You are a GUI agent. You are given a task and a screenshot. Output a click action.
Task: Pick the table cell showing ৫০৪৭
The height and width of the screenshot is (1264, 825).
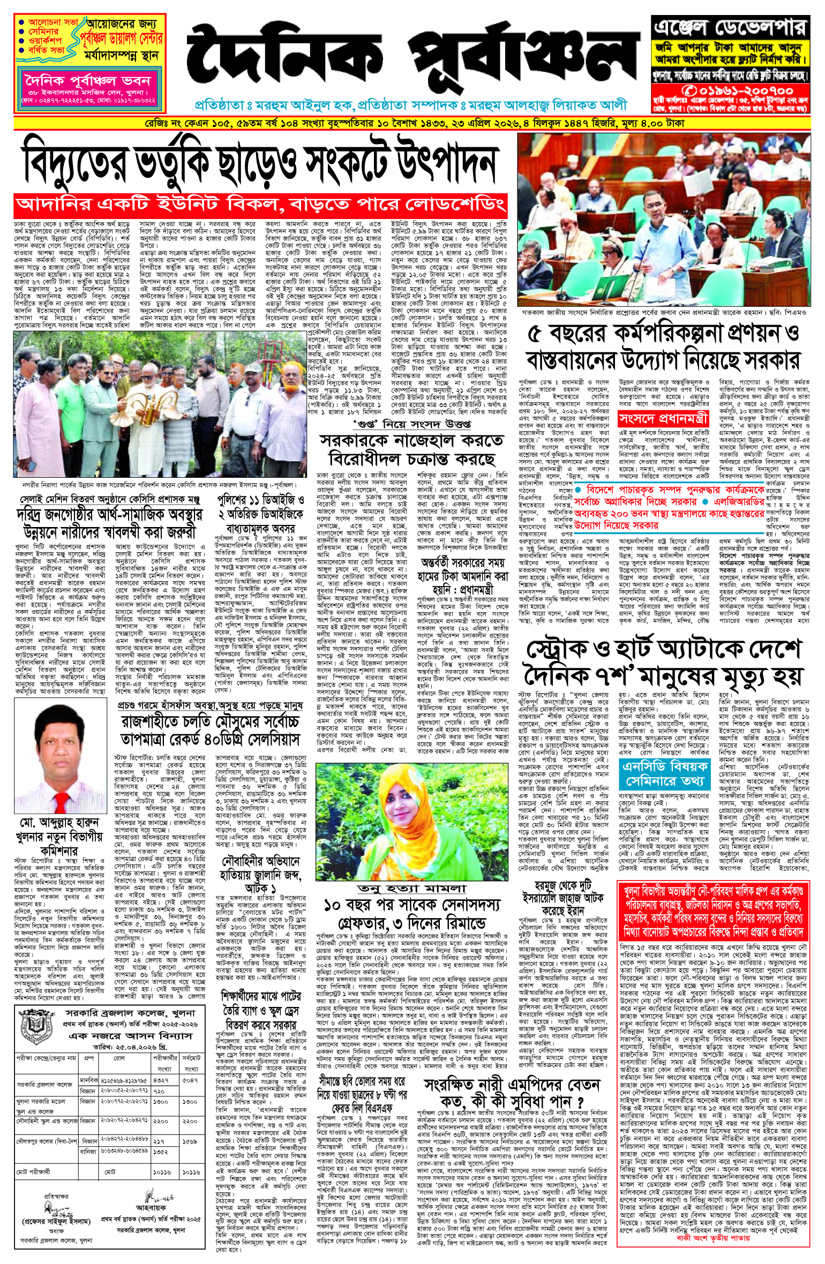click(190, 1080)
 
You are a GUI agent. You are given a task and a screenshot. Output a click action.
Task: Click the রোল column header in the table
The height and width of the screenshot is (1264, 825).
click(119, 1058)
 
